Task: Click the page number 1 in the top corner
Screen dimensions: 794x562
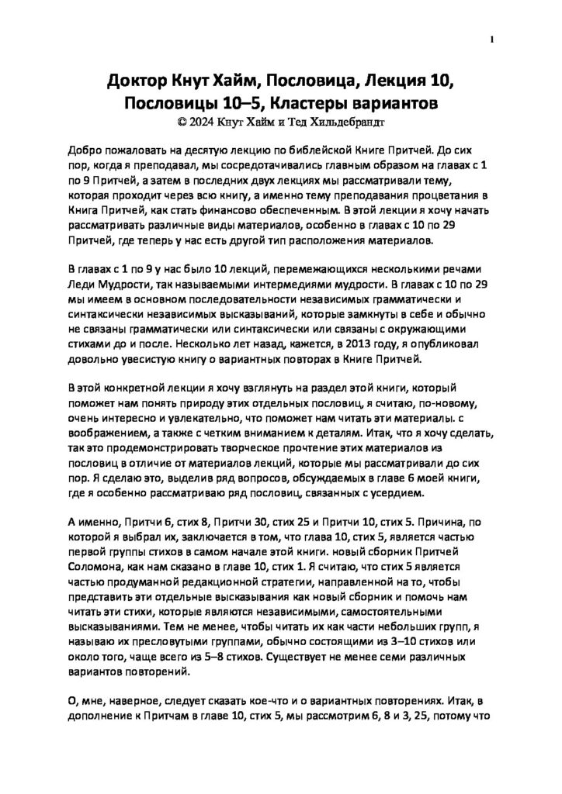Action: [x=493, y=40]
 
